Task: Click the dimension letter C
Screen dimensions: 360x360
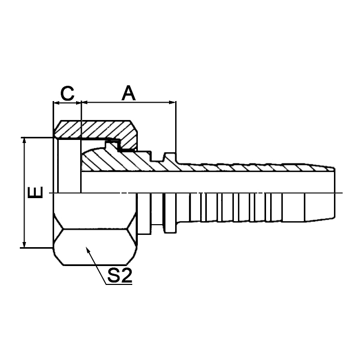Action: (x=67, y=93)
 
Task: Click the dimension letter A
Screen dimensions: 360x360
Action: (x=129, y=93)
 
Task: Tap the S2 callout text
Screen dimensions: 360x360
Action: (x=120, y=276)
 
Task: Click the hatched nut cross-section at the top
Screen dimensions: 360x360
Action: (x=97, y=129)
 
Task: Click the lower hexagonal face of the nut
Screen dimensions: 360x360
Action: (x=95, y=248)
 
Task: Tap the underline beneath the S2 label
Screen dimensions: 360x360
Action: (x=118, y=285)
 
